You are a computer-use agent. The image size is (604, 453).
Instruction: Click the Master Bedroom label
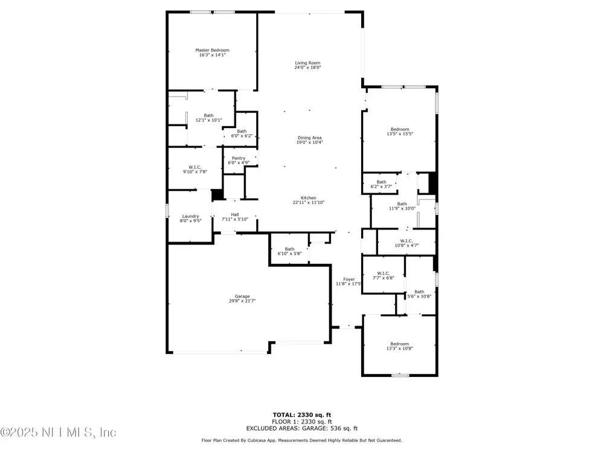212,50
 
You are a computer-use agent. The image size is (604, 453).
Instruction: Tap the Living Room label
307,63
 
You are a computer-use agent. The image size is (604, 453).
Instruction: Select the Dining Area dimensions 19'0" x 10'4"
309,142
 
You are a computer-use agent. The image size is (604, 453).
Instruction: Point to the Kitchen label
308,198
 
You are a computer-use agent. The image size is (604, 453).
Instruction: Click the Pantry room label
239,158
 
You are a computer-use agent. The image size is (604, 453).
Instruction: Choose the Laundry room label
190,216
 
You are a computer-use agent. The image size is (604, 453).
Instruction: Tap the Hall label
234,214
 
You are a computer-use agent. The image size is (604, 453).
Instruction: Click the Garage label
242,296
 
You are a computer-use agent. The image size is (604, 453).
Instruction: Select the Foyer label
349,279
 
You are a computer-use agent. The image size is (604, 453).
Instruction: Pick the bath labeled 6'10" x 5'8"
289,251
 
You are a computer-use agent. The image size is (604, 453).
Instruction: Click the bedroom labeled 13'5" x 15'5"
400,132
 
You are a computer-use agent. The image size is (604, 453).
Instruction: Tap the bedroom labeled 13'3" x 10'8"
399,346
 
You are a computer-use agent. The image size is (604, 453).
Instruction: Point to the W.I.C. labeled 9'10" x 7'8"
195,170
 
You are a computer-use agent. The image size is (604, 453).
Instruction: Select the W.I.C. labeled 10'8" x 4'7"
406,243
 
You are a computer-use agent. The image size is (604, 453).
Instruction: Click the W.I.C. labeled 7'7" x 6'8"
384,275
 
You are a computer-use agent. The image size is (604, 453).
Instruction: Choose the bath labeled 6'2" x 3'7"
381,184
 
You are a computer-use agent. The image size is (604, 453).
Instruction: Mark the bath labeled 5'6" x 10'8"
419,294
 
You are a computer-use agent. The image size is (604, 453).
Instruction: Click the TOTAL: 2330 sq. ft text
302,415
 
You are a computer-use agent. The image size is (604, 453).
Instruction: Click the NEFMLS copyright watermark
58,432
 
